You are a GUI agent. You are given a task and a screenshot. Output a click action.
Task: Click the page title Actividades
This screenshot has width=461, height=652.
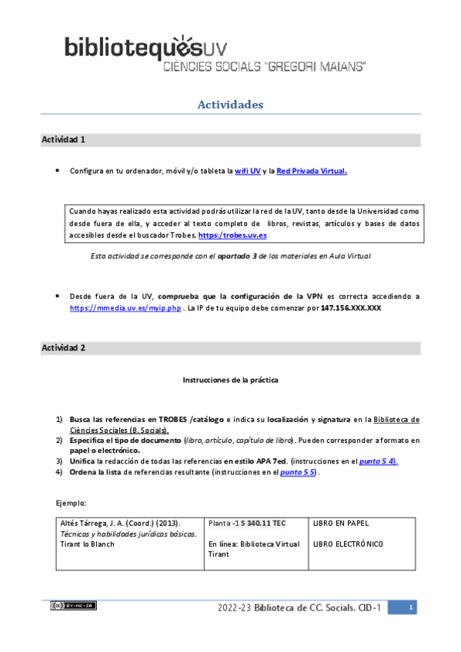tap(231, 104)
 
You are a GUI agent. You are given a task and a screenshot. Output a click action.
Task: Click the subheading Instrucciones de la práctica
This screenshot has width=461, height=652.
tap(230, 380)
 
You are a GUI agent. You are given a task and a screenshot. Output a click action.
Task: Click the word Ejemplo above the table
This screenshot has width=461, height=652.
tap(72, 503)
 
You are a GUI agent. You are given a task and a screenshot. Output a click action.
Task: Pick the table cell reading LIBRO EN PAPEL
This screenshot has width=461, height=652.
tap(341, 524)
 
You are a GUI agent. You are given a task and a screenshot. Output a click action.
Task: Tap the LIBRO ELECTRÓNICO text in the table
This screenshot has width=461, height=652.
tap(349, 545)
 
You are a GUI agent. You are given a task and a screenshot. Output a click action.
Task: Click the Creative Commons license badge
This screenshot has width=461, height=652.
tap(74, 606)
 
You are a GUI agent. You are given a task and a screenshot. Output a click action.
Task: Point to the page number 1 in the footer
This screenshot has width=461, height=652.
tap(412, 608)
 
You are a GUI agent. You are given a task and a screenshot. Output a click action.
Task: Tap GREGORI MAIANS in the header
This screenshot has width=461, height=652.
tap(315, 68)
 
